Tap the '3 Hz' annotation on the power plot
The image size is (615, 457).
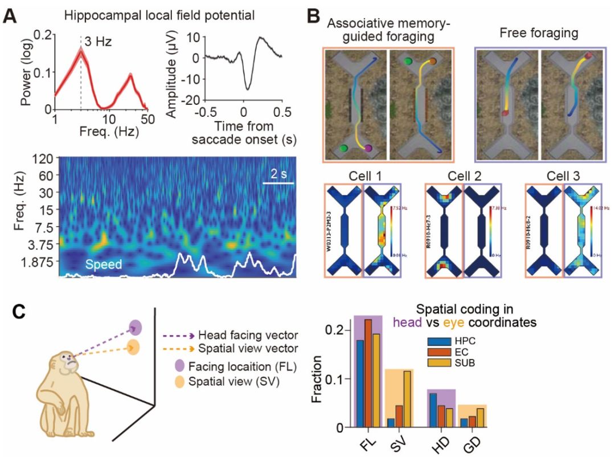pos(96,40)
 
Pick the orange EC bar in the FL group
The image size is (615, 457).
pos(368,373)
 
